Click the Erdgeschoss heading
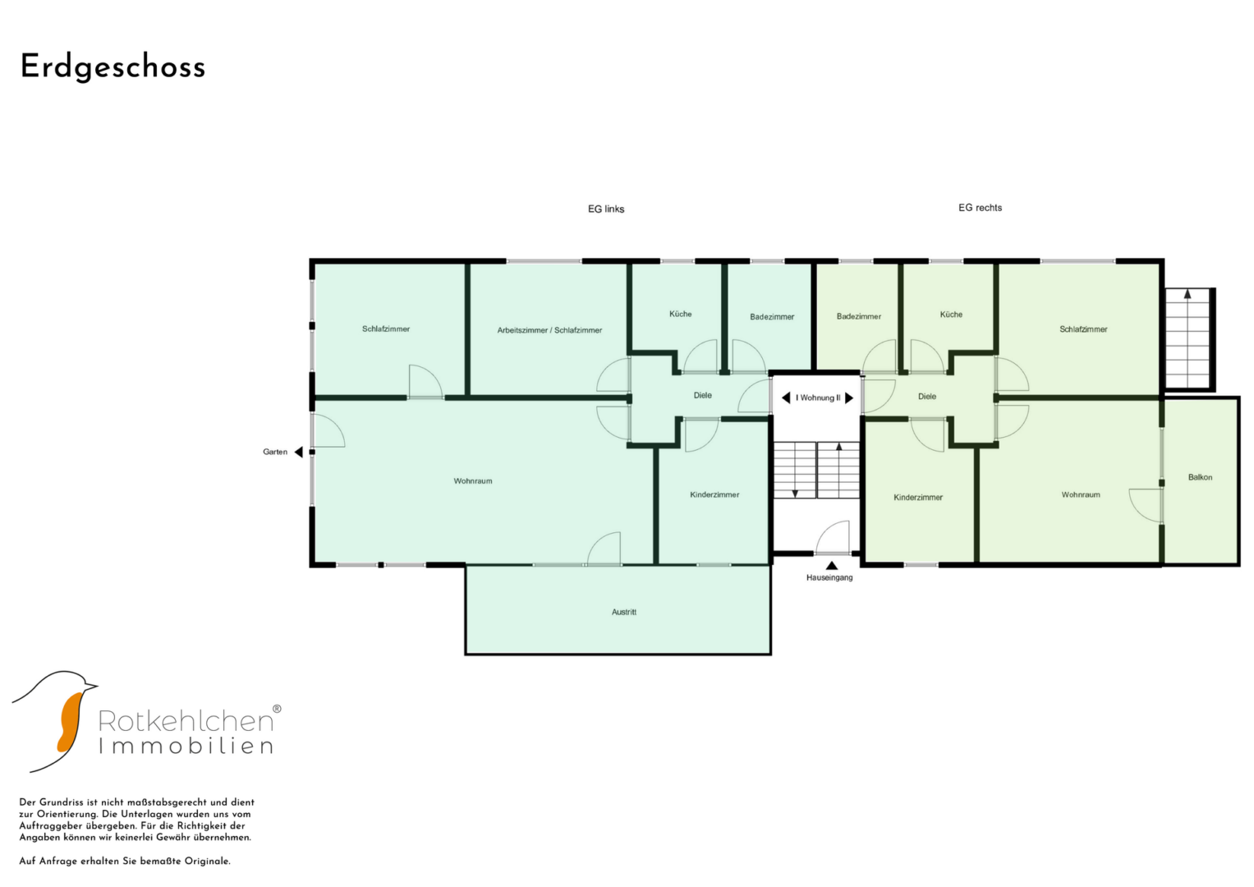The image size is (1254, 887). click(113, 67)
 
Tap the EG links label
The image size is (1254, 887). click(606, 209)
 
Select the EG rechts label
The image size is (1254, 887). click(980, 208)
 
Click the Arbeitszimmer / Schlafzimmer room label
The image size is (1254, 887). click(549, 330)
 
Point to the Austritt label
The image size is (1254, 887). click(623, 612)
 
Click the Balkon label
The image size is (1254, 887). click(1200, 477)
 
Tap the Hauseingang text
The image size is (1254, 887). click(829, 577)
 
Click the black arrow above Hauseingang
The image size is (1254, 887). click(831, 566)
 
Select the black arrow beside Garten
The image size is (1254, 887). click(298, 452)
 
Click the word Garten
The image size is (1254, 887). click(275, 452)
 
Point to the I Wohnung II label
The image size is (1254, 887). click(817, 398)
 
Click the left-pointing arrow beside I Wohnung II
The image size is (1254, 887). click(786, 398)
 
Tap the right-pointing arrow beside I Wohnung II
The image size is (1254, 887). click(848, 398)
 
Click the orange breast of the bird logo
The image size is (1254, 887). click(69, 723)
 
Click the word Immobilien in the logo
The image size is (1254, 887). click(186, 747)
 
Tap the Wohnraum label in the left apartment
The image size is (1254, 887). click(472, 481)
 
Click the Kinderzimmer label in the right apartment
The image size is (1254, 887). click(917, 497)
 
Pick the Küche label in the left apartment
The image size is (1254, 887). click(680, 314)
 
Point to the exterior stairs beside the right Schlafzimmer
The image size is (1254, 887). click(1189, 338)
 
